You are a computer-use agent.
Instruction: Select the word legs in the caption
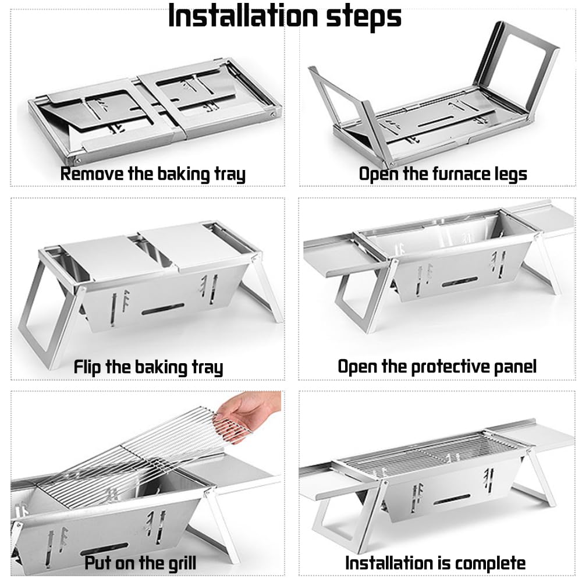507,174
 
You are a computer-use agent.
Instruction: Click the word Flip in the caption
88,367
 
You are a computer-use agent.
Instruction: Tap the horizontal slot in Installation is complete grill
452,499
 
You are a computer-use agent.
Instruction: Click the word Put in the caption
97,563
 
